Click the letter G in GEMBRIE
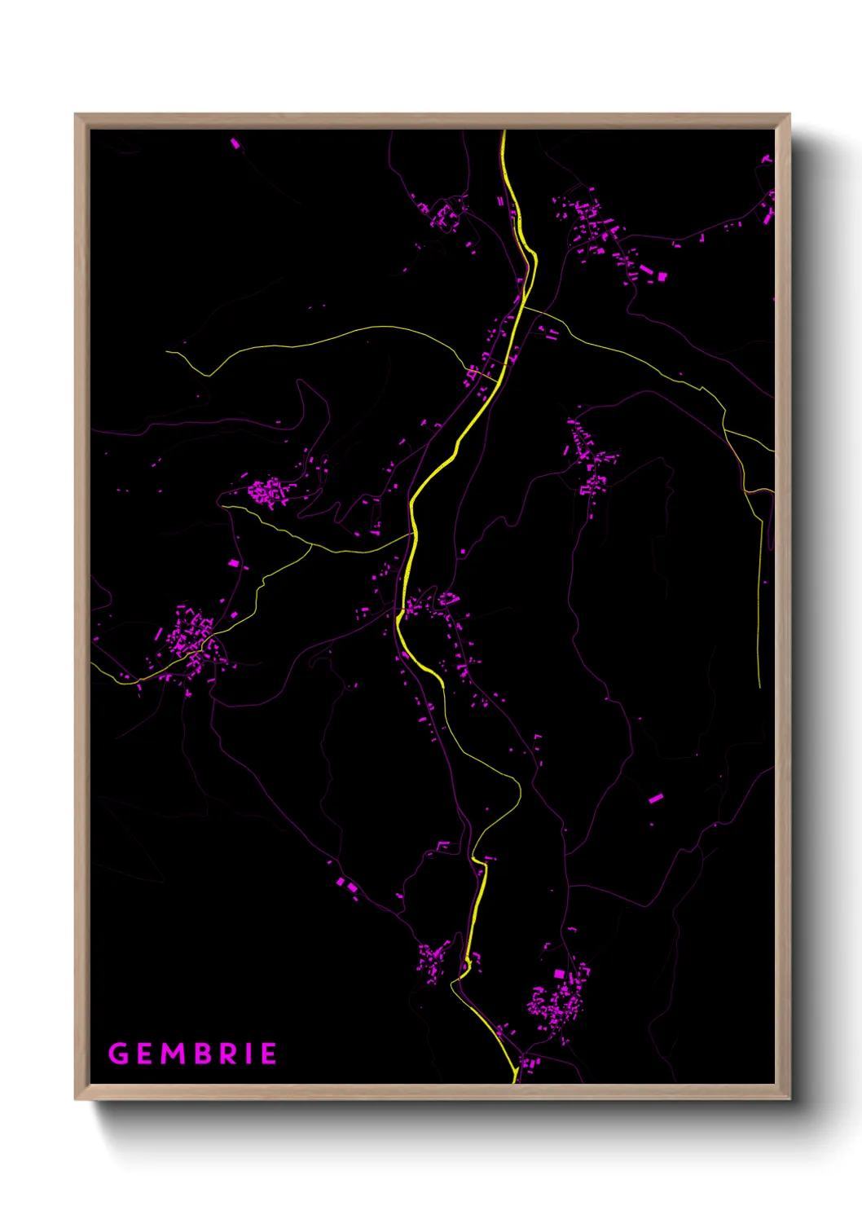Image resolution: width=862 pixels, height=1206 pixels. click(x=119, y=1054)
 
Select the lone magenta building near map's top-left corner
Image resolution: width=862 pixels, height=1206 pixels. click(x=235, y=143)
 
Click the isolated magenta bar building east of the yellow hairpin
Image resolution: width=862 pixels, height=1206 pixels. click(x=656, y=798)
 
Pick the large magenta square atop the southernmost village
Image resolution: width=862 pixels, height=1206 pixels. click(x=559, y=974)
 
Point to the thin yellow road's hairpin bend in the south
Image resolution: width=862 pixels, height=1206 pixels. click(x=518, y=786)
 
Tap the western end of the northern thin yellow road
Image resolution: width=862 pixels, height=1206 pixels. click(x=167, y=352)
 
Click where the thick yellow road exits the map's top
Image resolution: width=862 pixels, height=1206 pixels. click(x=504, y=131)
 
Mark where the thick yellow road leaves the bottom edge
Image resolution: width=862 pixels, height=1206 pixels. click(x=515, y=1081)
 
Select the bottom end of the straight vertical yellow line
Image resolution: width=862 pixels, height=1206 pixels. click(x=759, y=687)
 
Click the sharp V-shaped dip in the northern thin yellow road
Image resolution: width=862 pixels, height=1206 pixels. click(x=209, y=376)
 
